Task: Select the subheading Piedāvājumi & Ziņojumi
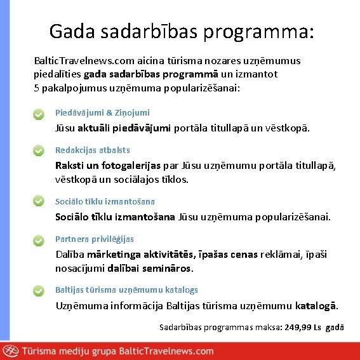point(102,112)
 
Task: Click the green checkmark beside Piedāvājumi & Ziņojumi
point(39,115)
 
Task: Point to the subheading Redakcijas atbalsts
point(93,150)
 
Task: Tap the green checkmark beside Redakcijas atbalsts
point(39,152)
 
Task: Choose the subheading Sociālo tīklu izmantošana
point(105,201)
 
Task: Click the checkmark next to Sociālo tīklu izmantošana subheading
point(39,201)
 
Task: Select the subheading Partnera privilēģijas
point(95,239)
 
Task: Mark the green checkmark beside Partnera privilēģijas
point(39,241)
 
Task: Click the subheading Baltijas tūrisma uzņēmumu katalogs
point(126,290)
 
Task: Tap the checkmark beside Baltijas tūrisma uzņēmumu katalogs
point(39,291)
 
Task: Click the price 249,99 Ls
point(304,327)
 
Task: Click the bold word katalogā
point(317,306)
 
